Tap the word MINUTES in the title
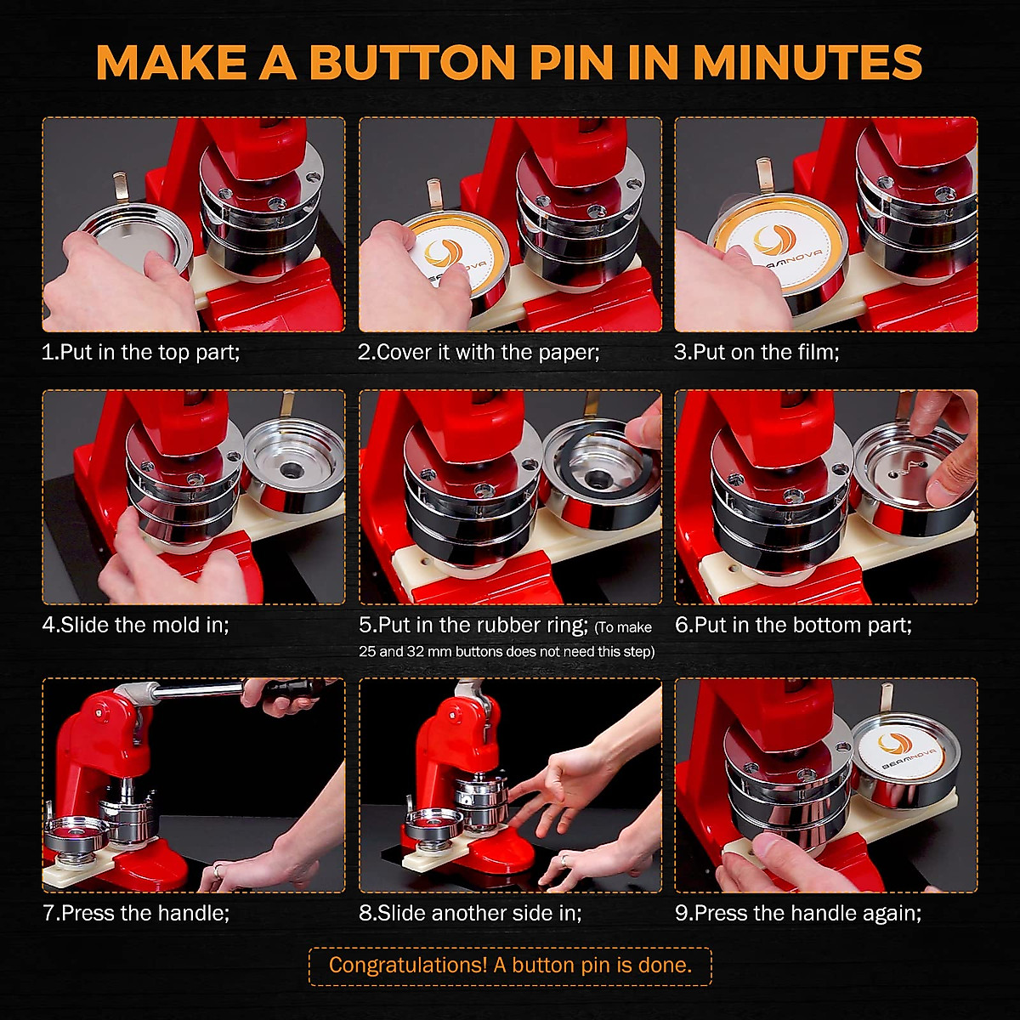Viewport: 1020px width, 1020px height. (807, 61)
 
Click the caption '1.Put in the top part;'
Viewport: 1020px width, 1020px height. (141, 352)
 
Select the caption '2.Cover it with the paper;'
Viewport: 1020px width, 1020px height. (479, 352)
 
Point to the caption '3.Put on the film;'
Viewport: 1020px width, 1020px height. (756, 352)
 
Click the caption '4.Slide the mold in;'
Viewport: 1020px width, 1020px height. (136, 625)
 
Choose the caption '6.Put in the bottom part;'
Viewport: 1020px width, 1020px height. (794, 625)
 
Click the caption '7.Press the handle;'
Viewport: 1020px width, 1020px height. (136, 913)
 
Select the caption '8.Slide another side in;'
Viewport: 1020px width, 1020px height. (470, 913)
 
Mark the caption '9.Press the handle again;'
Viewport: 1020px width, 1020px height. (798, 913)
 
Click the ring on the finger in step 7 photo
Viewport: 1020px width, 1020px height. (217, 870)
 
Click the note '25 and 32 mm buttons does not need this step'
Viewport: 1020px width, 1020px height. (507, 652)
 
